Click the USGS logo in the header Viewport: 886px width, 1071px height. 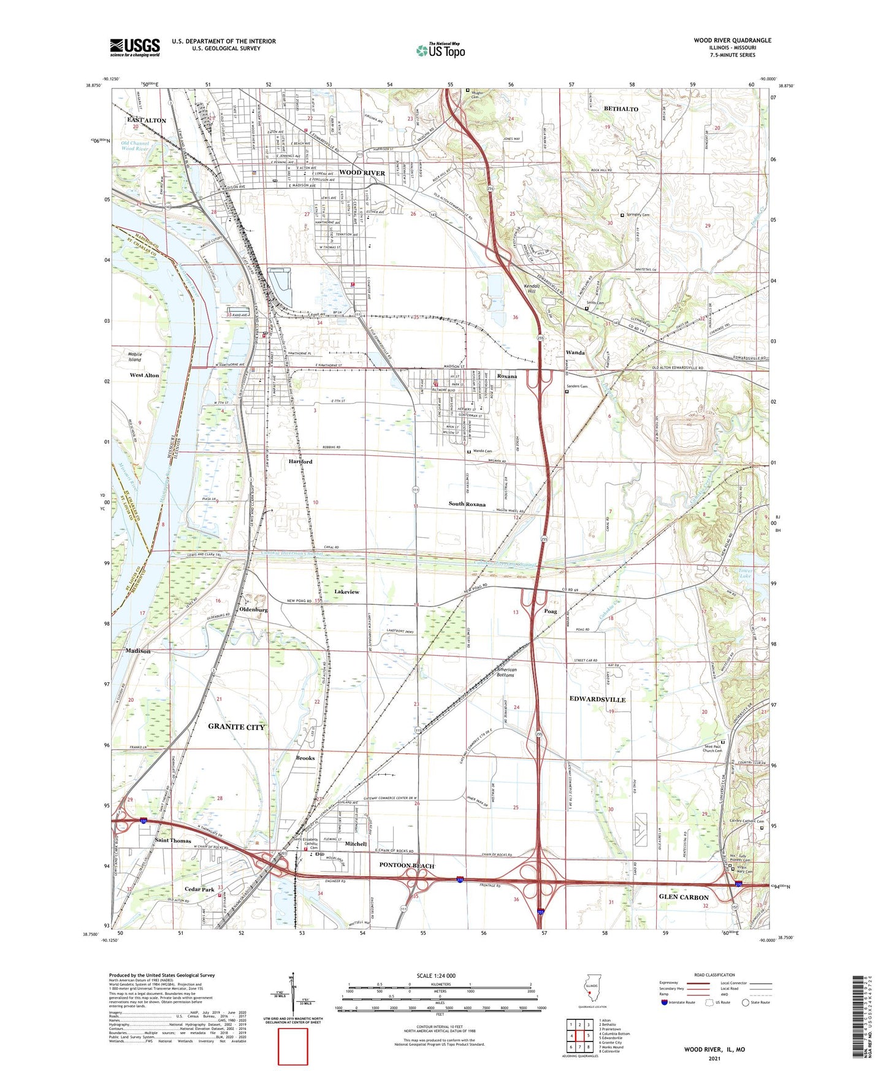tap(135, 47)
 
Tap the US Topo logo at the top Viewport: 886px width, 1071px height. tap(440, 50)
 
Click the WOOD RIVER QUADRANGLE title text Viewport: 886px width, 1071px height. tap(732, 40)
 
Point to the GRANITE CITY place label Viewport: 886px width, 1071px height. tap(237, 727)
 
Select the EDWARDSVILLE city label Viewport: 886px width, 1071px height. tap(597, 699)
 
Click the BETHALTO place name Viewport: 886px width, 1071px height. tap(621, 109)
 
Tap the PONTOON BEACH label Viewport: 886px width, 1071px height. tap(407, 866)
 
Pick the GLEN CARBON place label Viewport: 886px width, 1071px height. tap(684, 897)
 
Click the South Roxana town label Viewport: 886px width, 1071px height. tap(467, 504)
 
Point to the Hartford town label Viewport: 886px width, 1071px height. tap(300, 461)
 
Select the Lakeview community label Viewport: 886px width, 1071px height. tap(347, 592)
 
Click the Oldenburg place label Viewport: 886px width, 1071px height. tap(253, 610)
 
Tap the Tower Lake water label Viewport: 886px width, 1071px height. tap(745, 574)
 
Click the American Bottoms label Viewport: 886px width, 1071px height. tap(506, 672)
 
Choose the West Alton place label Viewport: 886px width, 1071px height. tap(144, 375)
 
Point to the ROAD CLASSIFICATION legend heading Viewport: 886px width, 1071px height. tap(714, 975)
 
